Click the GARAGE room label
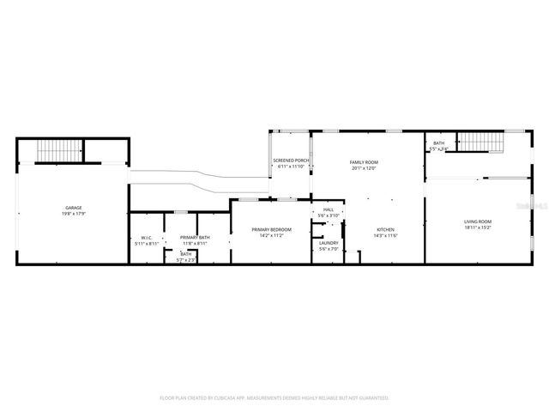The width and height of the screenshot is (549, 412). coord(73,209)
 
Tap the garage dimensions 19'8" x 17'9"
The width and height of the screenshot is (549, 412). coord(73,215)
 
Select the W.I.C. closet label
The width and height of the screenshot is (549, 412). coord(146,238)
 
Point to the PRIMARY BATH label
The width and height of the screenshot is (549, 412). coord(193,238)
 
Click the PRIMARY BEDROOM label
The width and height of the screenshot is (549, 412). coord(271,229)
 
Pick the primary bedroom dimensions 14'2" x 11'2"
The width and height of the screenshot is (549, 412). coord(271,235)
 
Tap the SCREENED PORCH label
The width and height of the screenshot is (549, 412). coord(290,161)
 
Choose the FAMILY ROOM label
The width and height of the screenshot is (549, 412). coord(364,162)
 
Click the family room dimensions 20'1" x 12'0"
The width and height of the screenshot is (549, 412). coord(364,168)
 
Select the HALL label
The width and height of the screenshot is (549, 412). coord(329,209)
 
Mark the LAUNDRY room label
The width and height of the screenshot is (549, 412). coord(329,243)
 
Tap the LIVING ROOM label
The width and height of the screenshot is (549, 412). coord(478,222)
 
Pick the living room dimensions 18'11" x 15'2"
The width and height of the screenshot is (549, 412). coord(478,228)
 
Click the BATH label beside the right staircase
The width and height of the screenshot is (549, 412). coord(438,143)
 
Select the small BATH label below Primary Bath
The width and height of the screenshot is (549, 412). coord(186,254)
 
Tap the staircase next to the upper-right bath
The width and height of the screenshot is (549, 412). coord(479,142)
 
